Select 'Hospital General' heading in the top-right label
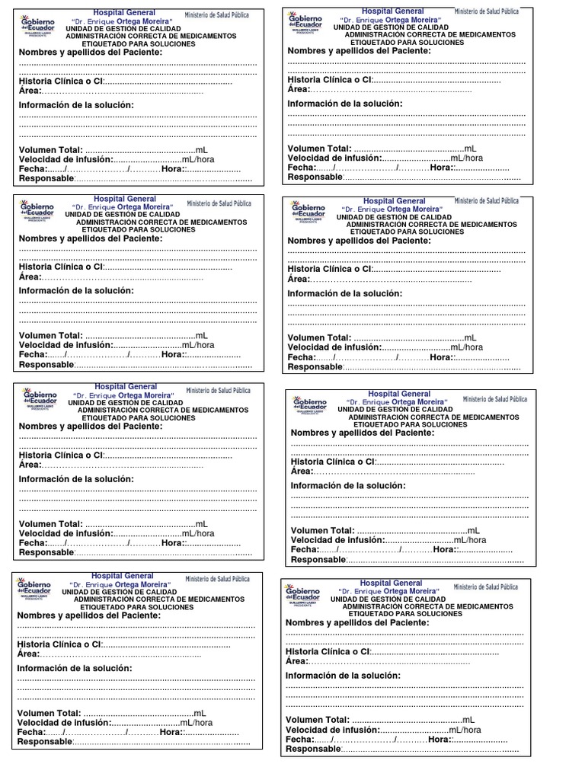click(x=393, y=11)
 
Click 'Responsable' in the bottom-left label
click(x=44, y=742)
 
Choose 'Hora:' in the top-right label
click(x=442, y=168)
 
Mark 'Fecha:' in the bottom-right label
click(x=299, y=739)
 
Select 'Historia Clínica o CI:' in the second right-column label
click(x=330, y=269)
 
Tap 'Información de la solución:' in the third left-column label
click(x=76, y=479)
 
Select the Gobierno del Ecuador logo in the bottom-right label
click(x=302, y=595)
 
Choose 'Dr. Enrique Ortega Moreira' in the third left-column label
click(x=122, y=396)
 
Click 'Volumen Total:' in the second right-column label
click(x=319, y=337)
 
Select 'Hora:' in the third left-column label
click(x=173, y=543)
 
